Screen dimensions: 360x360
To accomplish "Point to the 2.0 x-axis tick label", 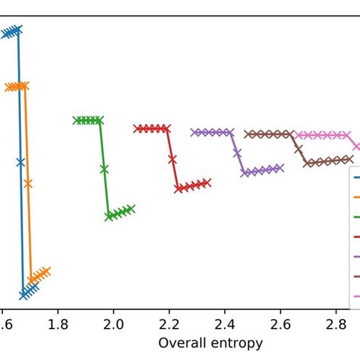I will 113,325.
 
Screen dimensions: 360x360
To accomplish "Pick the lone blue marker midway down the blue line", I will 21,162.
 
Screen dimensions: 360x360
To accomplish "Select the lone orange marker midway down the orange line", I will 28,183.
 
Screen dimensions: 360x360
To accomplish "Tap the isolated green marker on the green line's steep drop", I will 104,169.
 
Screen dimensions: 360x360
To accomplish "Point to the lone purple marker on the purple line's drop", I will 238,153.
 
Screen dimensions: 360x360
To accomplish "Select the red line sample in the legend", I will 356,236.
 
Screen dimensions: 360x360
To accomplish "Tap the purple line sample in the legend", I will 356,256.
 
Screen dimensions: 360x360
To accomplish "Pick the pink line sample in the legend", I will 356,295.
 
